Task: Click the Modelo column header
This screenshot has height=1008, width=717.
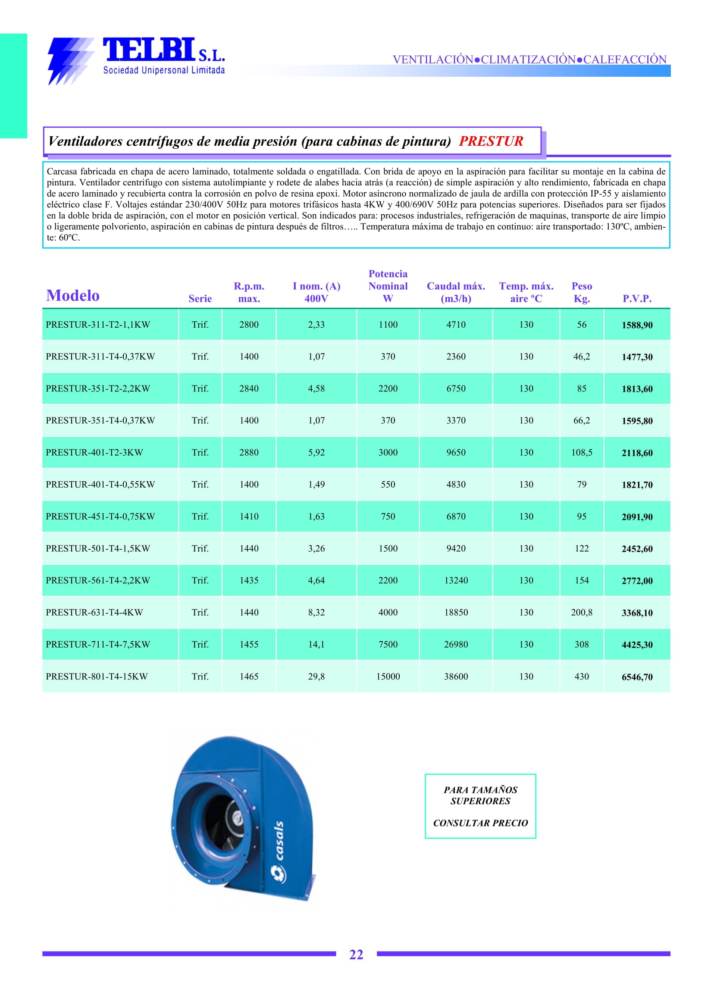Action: click(73, 295)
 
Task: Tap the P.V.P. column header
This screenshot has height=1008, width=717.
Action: click(637, 298)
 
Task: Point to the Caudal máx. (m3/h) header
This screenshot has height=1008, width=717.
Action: click(456, 292)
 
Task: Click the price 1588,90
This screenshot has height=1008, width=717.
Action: click(637, 325)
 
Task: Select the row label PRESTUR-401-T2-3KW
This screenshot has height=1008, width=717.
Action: click(94, 453)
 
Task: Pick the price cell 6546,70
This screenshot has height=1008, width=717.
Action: click(637, 677)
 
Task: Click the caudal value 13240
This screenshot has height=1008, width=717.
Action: click(456, 581)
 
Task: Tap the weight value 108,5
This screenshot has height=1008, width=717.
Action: click(582, 453)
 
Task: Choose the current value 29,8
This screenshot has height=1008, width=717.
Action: click(316, 676)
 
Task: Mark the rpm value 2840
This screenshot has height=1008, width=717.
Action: click(249, 388)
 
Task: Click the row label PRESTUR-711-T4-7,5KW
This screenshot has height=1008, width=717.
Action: click(98, 645)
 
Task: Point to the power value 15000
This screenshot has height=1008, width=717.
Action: click(388, 676)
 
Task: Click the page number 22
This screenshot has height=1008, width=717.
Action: click(356, 955)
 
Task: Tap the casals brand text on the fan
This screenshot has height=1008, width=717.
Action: click(279, 841)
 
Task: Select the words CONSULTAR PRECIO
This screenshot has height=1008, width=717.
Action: click(480, 823)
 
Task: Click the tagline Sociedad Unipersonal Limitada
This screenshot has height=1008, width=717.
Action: click(164, 70)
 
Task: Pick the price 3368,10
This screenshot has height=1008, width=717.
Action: click(637, 613)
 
